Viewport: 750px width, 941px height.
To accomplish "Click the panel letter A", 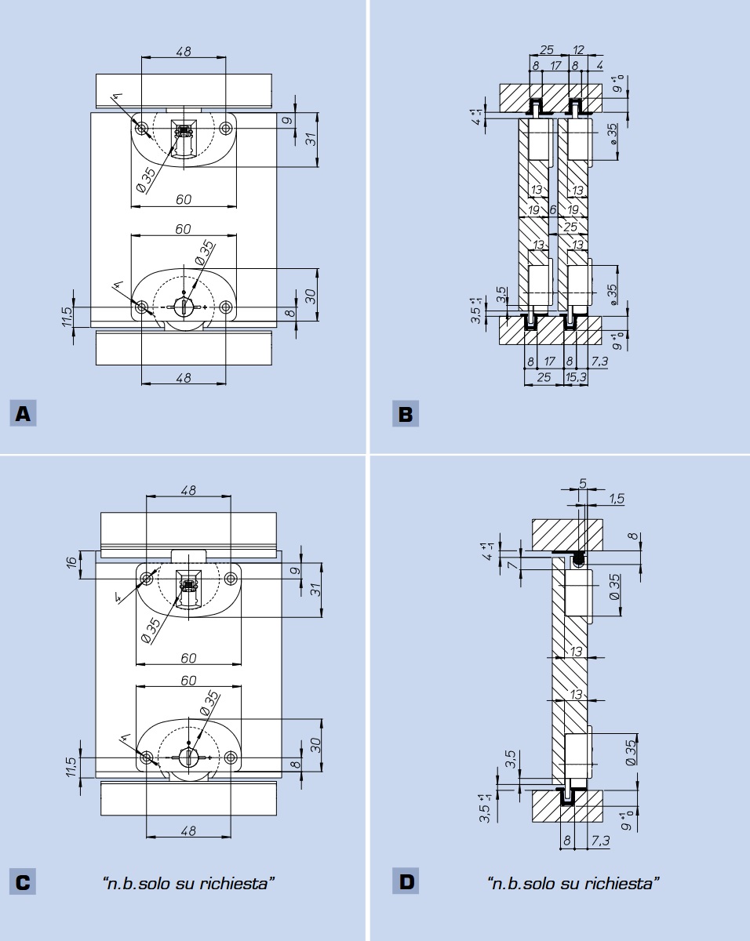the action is pos(23,413).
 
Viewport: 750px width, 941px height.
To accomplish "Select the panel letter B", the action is pos(406,414).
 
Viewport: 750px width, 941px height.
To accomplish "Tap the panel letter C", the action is pos(23,882).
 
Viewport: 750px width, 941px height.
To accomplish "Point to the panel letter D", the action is pos(406,882).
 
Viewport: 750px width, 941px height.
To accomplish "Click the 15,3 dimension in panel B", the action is pos(575,376).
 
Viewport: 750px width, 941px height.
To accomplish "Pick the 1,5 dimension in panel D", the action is pos(616,499).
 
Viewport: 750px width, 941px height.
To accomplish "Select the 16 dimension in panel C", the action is pos(73,561).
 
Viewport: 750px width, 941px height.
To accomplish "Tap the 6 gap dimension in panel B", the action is pos(552,210).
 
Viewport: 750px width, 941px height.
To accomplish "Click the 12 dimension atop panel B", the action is pos(578,50).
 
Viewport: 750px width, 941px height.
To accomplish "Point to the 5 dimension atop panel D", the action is pos(582,483).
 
